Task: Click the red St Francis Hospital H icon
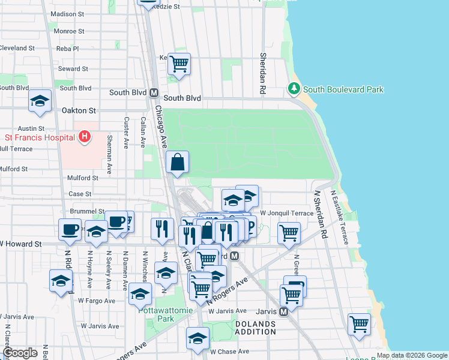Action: tap(85, 137)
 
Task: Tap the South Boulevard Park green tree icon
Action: tap(294, 89)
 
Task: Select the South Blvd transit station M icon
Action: tap(154, 93)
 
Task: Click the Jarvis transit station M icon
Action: tap(285, 311)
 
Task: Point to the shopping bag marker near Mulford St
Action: tap(178, 162)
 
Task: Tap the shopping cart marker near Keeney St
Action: tap(179, 64)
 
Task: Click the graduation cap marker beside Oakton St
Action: tap(40, 101)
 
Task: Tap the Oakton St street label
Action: tap(79, 110)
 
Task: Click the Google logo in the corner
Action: tap(20, 352)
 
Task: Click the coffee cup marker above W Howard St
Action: tap(70, 229)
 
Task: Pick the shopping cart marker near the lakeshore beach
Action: tap(359, 324)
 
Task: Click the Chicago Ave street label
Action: tap(160, 127)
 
